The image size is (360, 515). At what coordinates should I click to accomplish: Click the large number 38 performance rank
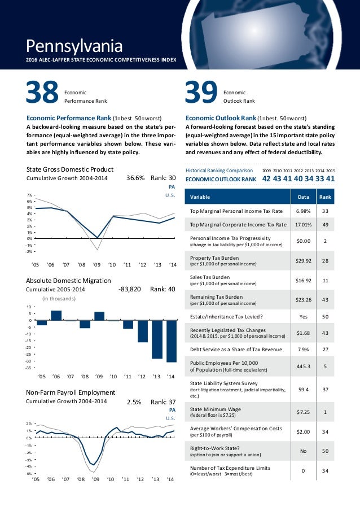[43, 93]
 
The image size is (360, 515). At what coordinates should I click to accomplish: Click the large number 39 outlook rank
[202, 93]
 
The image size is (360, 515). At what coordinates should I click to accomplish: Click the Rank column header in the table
[325, 197]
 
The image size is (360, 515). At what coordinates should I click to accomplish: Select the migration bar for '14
[172, 341]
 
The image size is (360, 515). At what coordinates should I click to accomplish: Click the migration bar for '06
[56, 315]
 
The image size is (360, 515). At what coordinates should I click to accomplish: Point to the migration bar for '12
[142, 331]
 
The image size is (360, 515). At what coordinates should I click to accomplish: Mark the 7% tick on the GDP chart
[30, 195]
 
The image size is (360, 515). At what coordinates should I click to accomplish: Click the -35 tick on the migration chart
[28, 368]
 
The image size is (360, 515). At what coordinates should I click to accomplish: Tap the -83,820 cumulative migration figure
[130, 289]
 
